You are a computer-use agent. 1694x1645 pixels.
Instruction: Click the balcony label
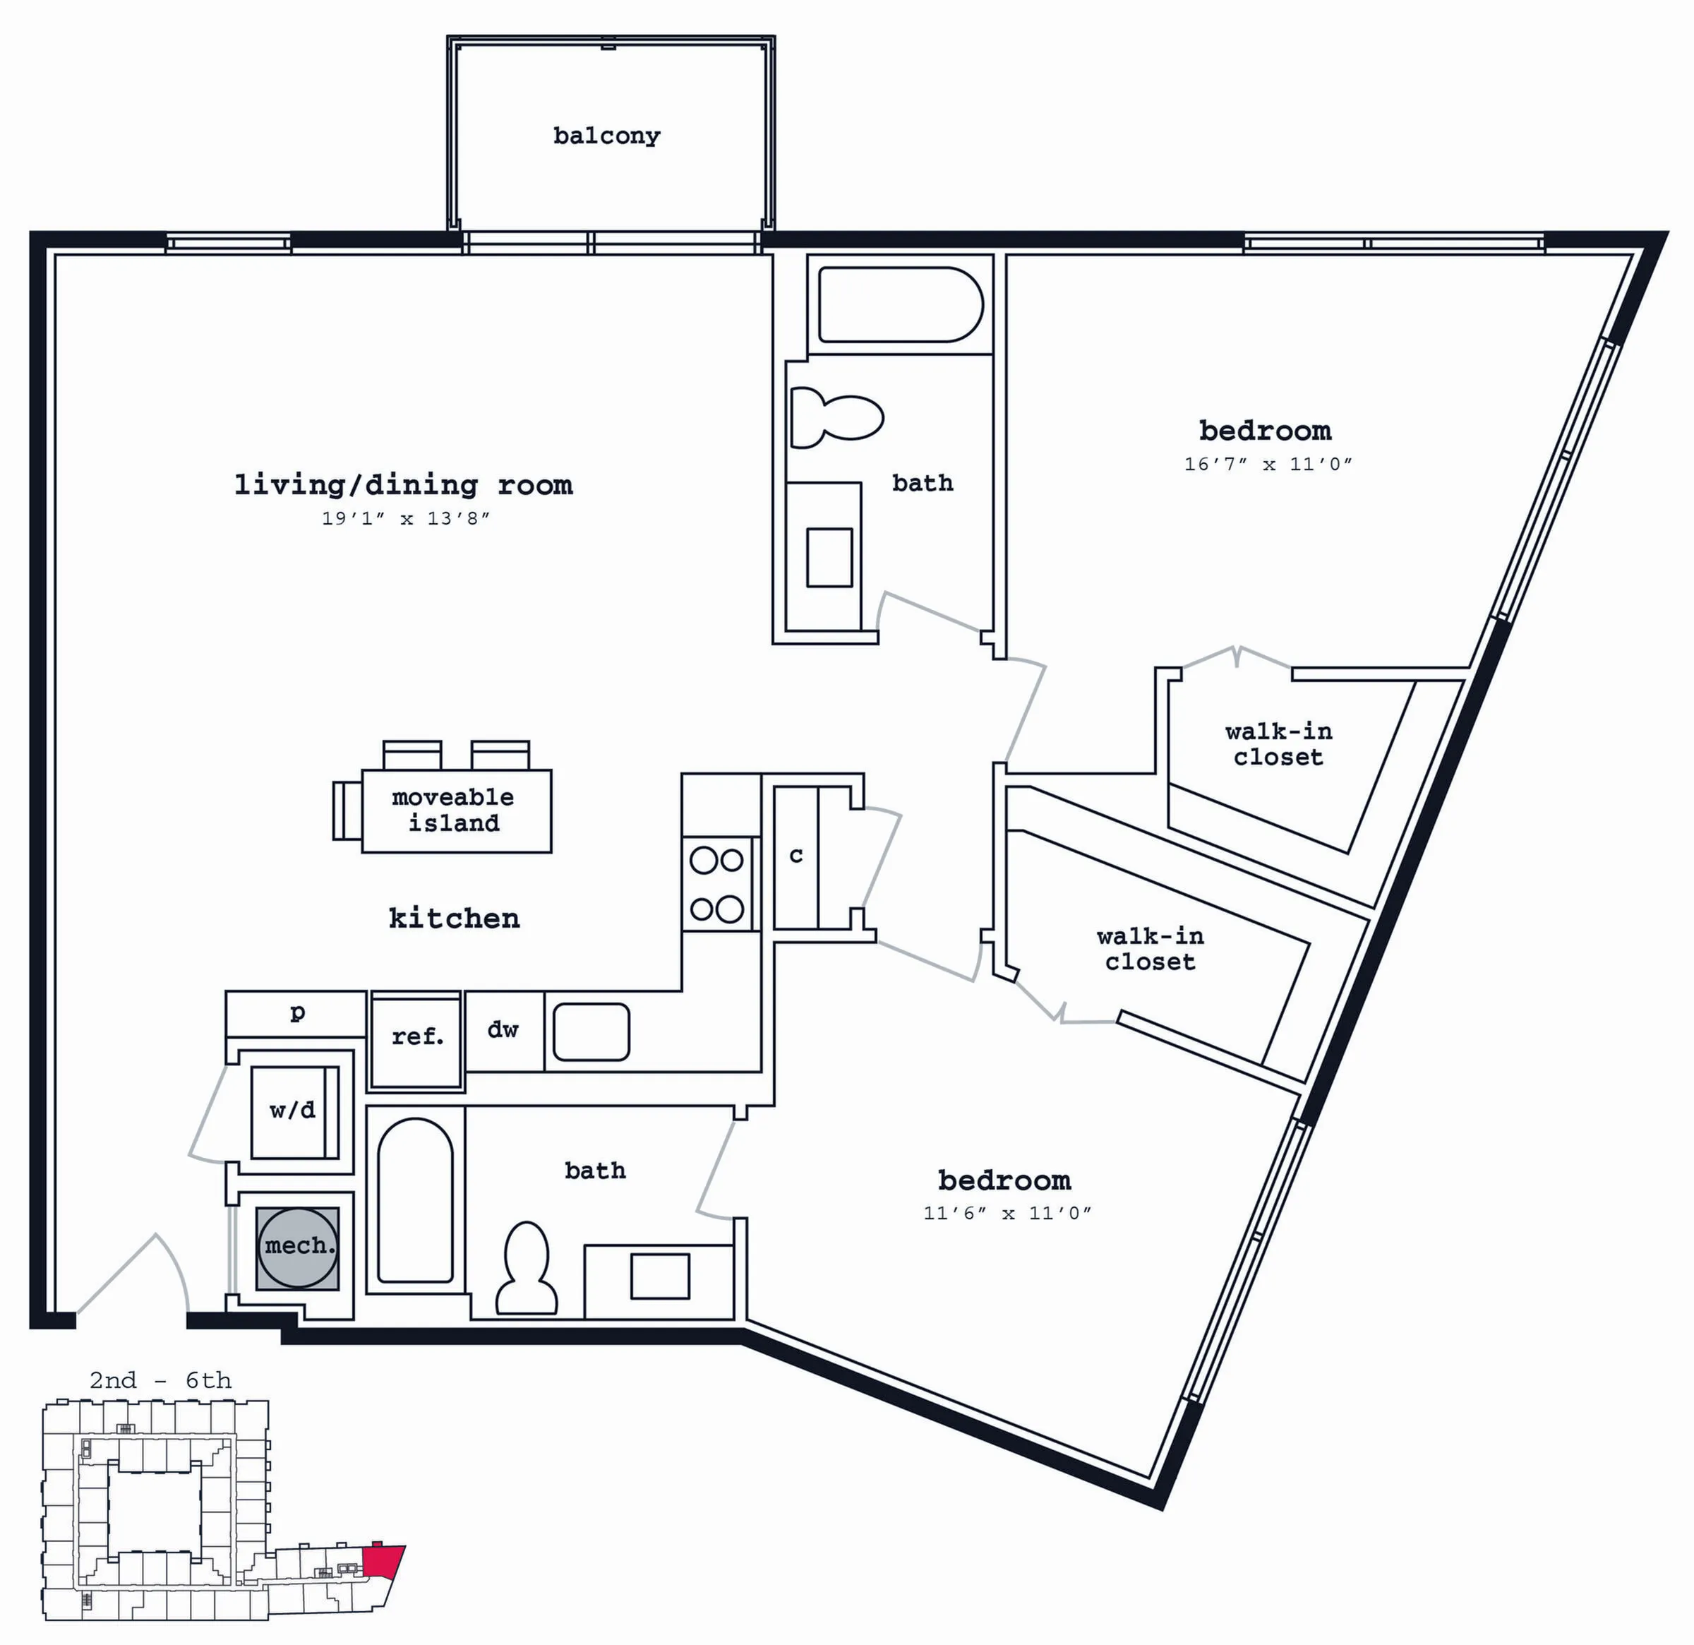pos(607,136)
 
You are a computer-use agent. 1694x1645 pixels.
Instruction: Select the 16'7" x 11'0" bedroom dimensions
pos(1268,464)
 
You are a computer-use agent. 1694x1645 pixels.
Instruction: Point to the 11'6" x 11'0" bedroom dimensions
pos(1008,1213)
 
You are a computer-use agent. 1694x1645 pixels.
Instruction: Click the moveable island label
pos(454,810)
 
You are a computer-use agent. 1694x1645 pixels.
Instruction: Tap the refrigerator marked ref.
pos(416,1040)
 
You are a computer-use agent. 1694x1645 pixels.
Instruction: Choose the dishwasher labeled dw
pos(504,1031)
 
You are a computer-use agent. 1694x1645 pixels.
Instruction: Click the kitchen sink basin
pos(591,1032)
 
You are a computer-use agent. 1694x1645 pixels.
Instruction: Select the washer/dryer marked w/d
pos(294,1112)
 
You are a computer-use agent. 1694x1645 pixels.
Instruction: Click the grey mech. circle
pos(296,1248)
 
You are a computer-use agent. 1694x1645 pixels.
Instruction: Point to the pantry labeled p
pos(296,1013)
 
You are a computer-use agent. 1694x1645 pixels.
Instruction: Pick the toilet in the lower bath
pos(525,1268)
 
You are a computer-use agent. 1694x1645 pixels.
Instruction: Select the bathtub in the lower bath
pos(416,1201)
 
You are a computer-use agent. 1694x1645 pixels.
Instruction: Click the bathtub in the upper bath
pos(901,305)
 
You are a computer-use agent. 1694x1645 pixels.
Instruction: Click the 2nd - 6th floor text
pos(161,1380)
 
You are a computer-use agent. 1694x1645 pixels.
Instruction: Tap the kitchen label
pos(455,918)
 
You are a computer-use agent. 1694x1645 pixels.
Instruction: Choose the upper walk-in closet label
pos(1278,744)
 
